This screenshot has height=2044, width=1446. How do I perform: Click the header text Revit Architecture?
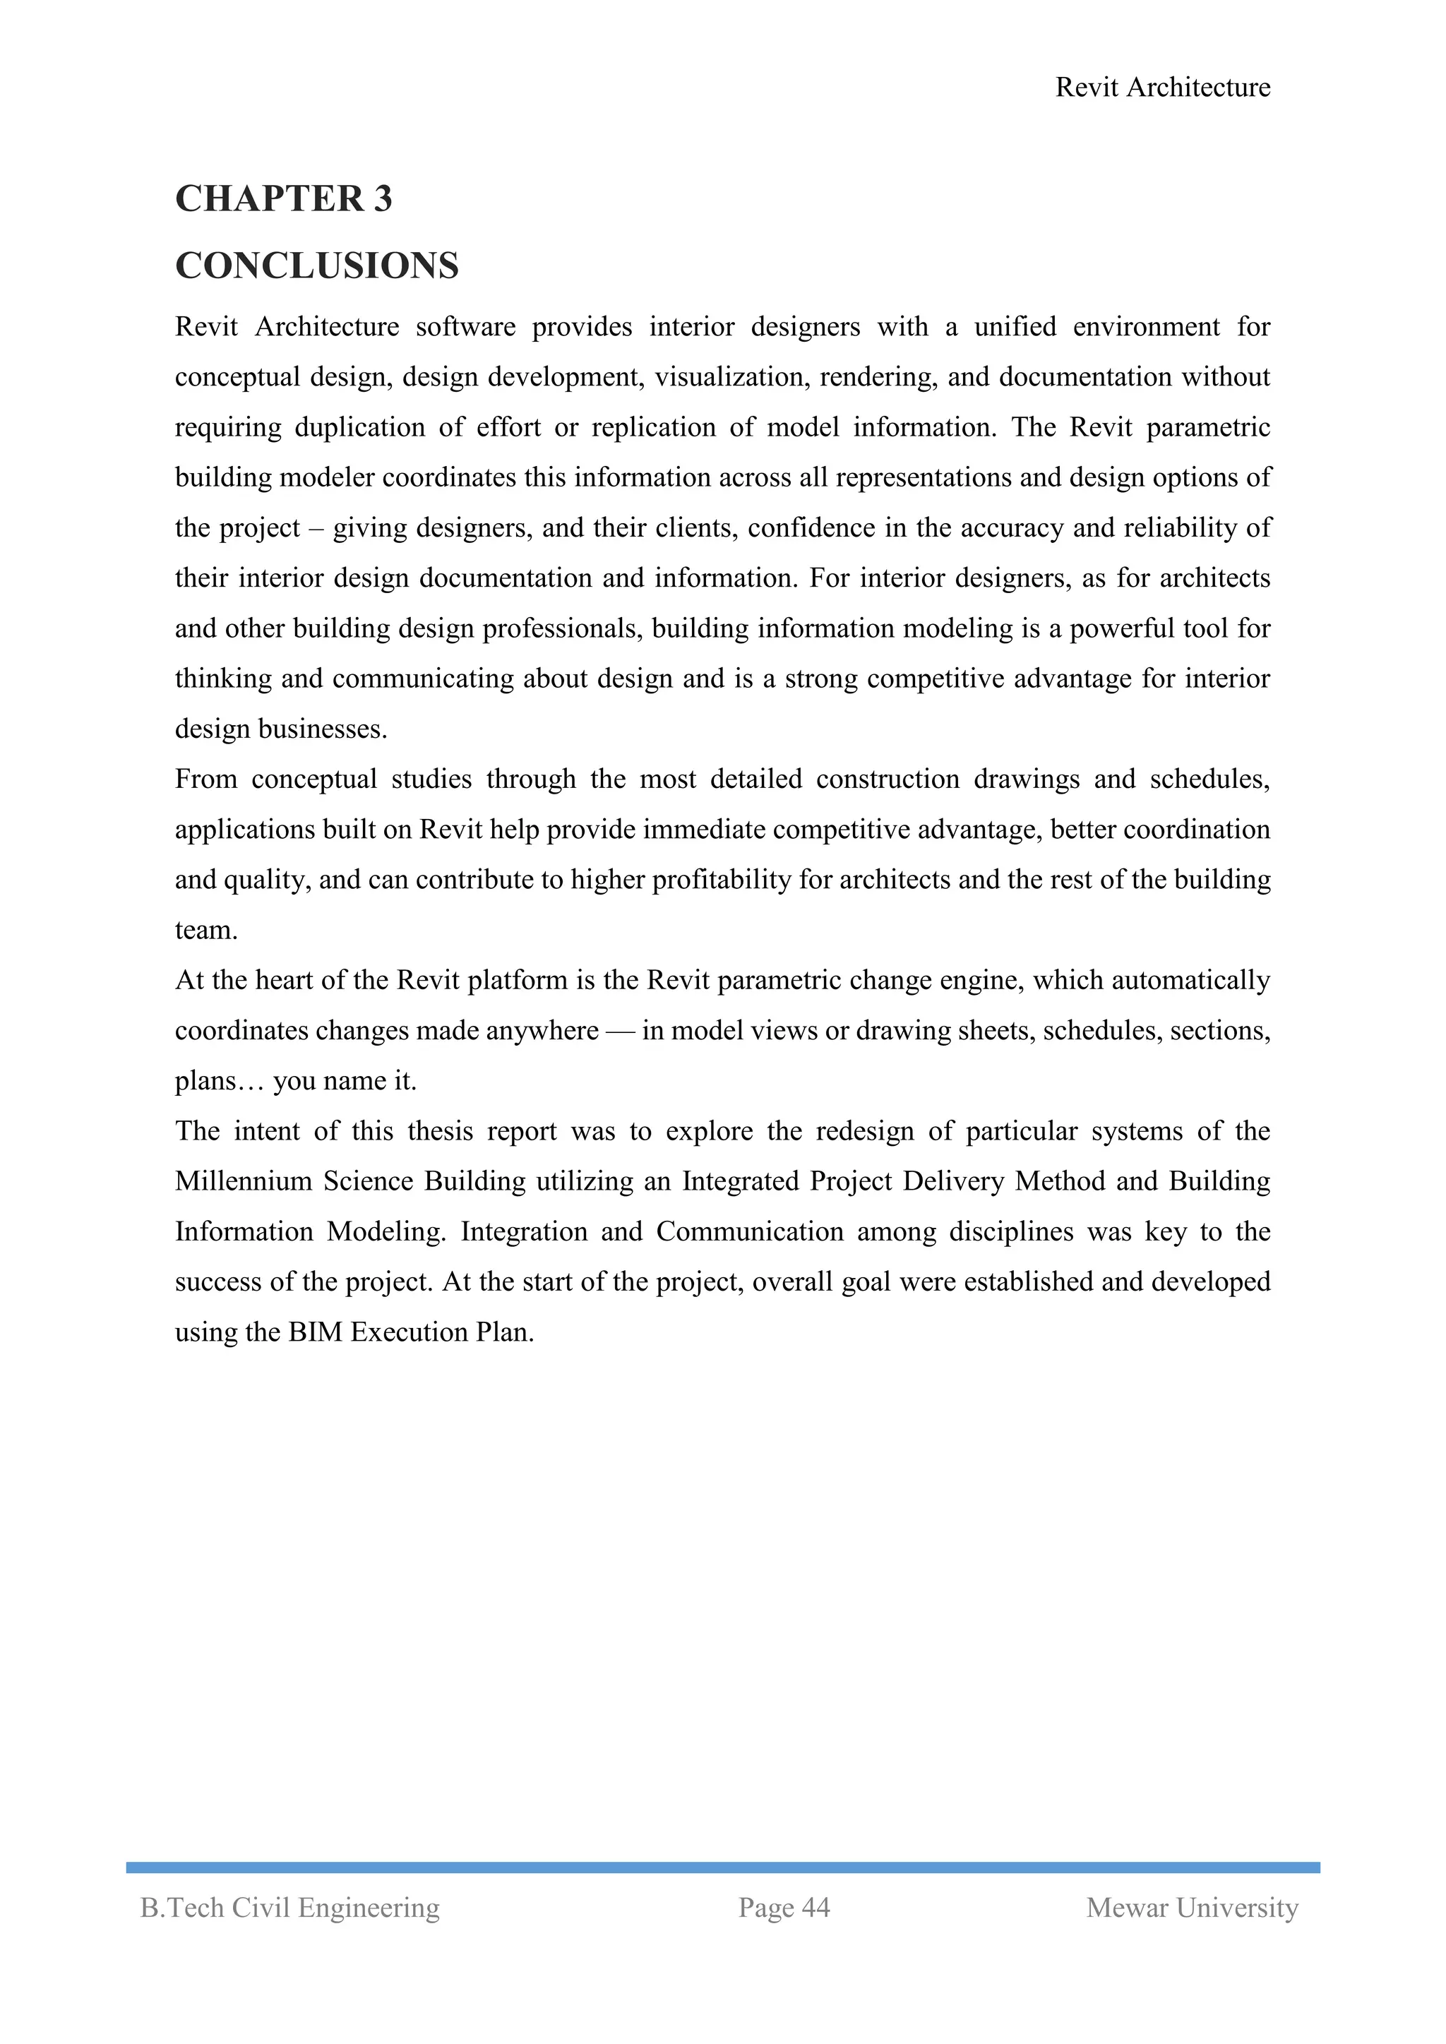point(1162,88)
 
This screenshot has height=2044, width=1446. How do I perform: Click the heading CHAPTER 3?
point(283,198)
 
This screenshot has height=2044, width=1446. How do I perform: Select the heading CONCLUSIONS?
point(316,265)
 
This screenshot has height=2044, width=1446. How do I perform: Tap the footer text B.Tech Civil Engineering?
point(289,1908)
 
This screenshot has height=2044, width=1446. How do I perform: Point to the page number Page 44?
point(784,1908)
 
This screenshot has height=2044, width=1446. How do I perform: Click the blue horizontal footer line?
point(722,1867)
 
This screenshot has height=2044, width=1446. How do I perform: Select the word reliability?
point(1183,528)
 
